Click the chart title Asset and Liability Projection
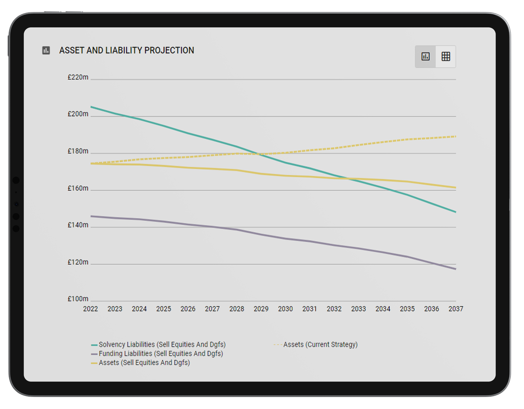point(126,51)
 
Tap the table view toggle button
point(445,57)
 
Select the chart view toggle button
point(426,57)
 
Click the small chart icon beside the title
point(46,51)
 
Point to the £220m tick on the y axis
point(78,78)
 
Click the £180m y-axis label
point(78,151)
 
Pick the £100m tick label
point(78,299)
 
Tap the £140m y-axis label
point(78,225)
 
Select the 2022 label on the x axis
point(91,309)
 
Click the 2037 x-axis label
point(456,309)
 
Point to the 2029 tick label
point(261,309)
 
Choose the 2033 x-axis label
point(359,309)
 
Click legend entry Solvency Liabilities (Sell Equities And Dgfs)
point(162,345)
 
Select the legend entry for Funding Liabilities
point(160,354)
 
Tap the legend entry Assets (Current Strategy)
point(320,345)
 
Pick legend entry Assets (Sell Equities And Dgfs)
point(144,363)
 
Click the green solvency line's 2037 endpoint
point(456,212)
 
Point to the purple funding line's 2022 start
point(91,216)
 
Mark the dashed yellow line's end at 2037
point(456,136)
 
